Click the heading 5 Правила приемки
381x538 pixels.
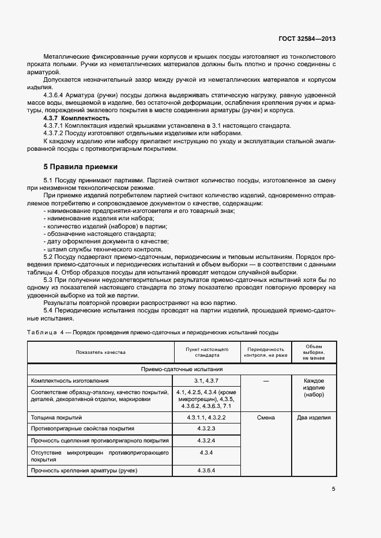tap(81, 167)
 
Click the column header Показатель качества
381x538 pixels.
tap(100, 352)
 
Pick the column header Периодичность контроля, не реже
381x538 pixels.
tap(265, 352)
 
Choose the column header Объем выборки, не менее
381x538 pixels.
tap(314, 352)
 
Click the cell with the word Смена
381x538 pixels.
tap(265, 417)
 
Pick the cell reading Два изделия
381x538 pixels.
tap(314, 417)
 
